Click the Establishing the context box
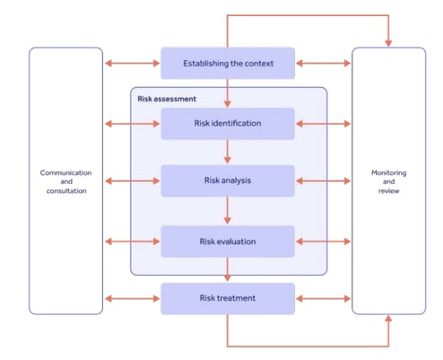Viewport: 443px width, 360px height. (227, 63)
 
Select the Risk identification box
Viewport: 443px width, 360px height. (227, 123)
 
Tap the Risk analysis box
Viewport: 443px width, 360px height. (227, 180)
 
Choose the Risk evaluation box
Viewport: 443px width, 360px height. (227, 241)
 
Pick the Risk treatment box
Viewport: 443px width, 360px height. (227, 297)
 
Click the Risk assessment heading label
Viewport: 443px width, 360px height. (167, 98)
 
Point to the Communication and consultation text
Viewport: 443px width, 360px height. (65, 180)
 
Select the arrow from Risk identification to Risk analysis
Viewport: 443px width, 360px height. (227, 152)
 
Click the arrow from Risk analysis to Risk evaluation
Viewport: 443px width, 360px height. (227, 211)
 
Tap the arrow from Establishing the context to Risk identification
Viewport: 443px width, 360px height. (227, 92)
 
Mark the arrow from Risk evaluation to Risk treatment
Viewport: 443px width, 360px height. (227, 268)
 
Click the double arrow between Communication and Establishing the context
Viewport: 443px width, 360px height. (132, 63)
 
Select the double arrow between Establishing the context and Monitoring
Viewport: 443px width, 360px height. (323, 63)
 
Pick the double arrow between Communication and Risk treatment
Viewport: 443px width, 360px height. (132, 297)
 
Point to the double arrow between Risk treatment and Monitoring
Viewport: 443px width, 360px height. (323, 297)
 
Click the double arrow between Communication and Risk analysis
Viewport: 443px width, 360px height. (132, 180)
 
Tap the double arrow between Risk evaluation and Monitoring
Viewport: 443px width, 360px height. (323, 241)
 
